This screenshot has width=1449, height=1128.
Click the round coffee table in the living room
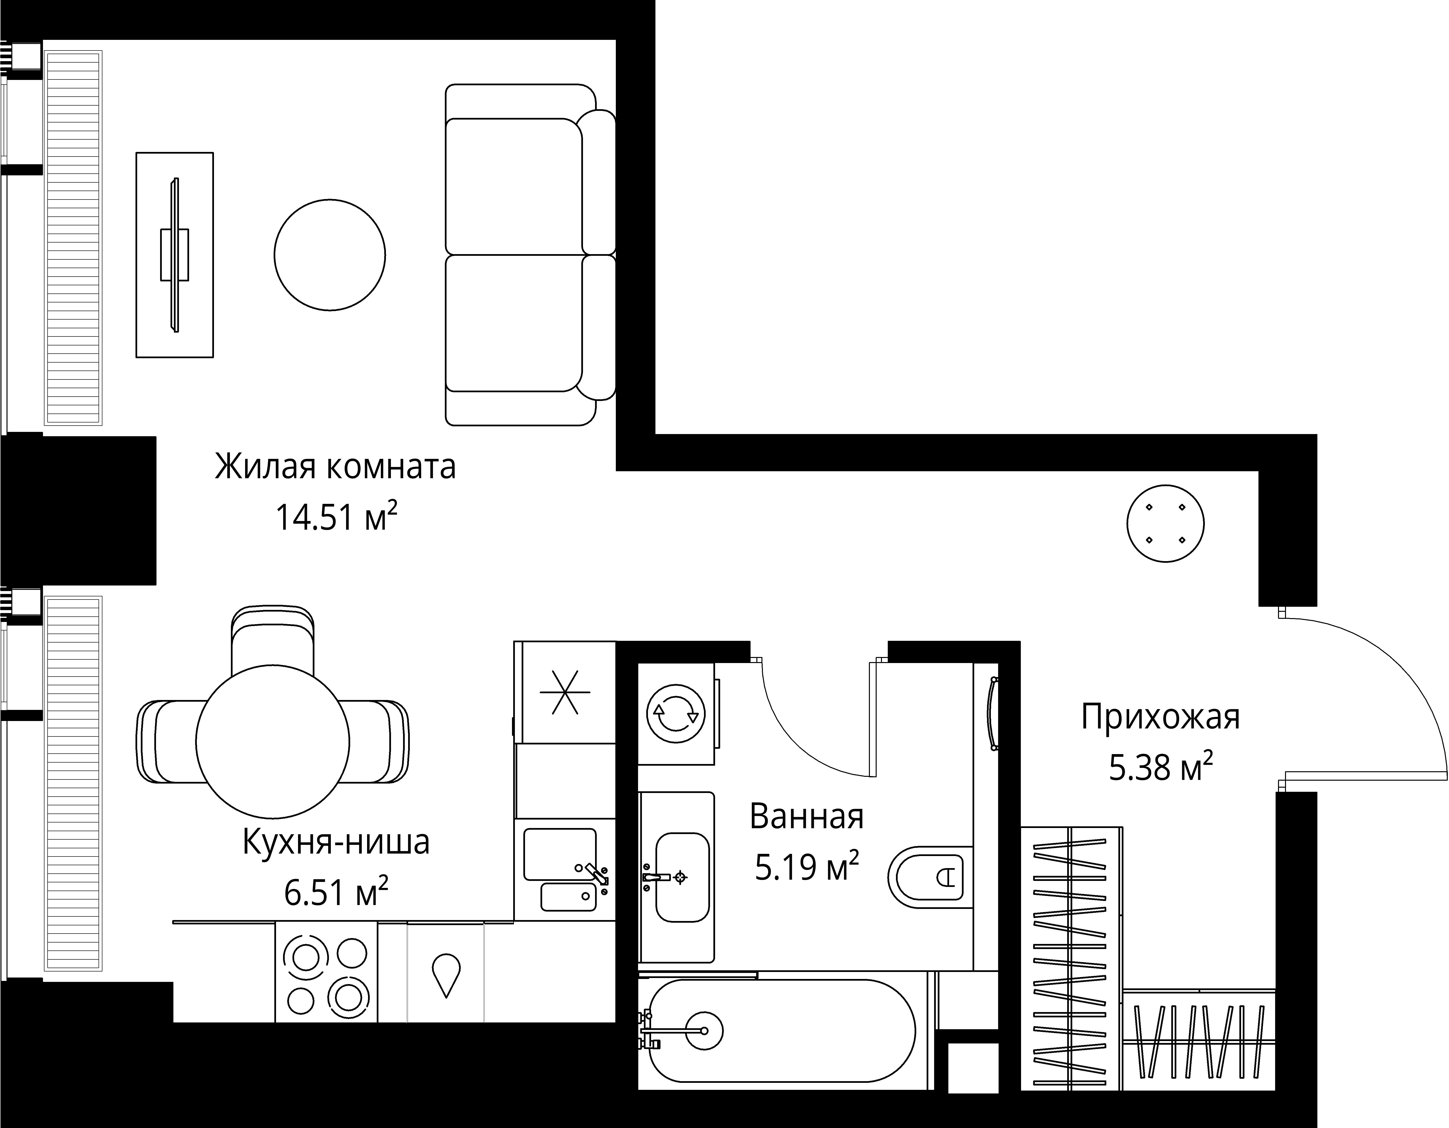point(330,255)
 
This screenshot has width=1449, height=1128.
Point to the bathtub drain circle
point(703,1030)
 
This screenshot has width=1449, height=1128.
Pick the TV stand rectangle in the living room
point(175,255)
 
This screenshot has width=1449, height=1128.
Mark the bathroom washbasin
point(682,877)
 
